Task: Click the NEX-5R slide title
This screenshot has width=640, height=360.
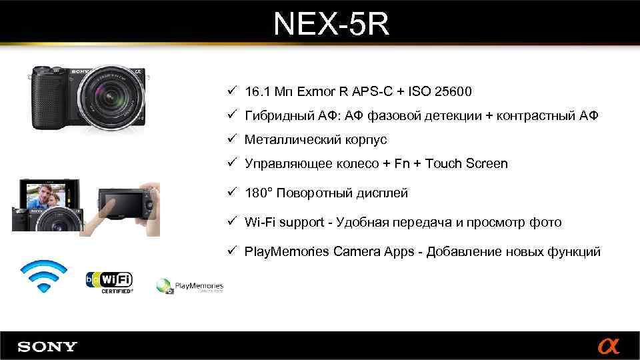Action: pos(331,25)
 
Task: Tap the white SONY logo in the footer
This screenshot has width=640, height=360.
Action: pos(47,347)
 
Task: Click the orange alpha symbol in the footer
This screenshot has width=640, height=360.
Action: pos(608,347)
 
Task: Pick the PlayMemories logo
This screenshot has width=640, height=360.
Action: pos(190,287)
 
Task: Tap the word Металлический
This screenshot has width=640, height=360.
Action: pos(293,140)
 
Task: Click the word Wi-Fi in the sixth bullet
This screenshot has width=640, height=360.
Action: pos(259,222)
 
